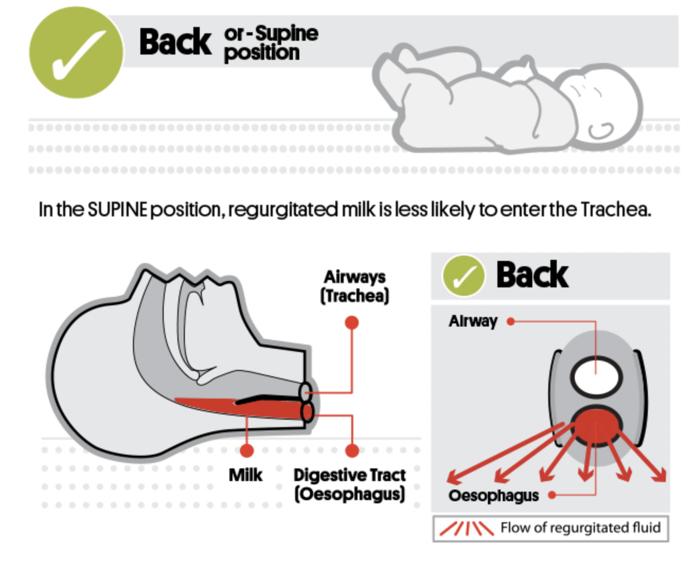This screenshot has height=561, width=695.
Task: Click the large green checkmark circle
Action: click(x=76, y=52)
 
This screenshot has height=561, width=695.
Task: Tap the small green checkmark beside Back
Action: click(x=464, y=275)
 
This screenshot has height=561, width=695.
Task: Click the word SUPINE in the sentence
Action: click(x=117, y=210)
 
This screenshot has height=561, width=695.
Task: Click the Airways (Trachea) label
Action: click(x=354, y=286)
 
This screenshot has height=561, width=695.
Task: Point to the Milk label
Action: click(x=245, y=475)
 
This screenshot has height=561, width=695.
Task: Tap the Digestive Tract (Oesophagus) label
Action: click(x=350, y=484)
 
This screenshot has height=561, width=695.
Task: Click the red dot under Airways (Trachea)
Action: click(x=351, y=322)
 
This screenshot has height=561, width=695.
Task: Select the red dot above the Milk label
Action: click(x=246, y=450)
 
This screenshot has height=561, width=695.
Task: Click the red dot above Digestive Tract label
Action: click(x=352, y=450)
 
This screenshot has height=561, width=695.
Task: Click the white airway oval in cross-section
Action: click(x=595, y=376)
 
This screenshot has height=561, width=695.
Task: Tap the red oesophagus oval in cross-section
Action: click(x=596, y=427)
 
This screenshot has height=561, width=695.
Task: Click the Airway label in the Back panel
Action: click(x=473, y=321)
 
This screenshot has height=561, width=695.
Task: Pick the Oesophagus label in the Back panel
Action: click(x=493, y=495)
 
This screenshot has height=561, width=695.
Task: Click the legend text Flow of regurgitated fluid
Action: click(x=580, y=528)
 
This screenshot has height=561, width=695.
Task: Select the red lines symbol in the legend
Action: click(x=466, y=528)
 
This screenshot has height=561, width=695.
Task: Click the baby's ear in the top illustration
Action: click(x=601, y=129)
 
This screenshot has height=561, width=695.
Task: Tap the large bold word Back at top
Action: click(x=175, y=42)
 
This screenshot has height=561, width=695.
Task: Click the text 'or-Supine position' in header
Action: click(x=270, y=43)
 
